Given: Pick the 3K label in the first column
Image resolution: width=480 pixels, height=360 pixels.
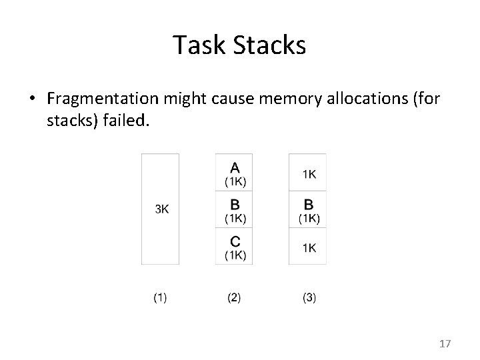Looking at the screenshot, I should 162,209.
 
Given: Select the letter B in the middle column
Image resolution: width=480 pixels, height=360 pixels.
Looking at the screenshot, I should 234,203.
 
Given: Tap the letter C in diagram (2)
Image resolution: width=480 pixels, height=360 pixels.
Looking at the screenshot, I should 234,241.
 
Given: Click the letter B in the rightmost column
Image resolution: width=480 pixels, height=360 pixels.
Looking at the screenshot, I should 309,203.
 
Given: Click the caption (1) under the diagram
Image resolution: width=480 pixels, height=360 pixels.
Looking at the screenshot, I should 160,298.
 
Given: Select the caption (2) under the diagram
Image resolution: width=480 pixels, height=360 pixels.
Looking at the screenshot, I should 234,298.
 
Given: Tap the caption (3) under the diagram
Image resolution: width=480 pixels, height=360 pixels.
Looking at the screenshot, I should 309,298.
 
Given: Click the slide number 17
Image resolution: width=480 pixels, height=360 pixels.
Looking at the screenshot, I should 445,344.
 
